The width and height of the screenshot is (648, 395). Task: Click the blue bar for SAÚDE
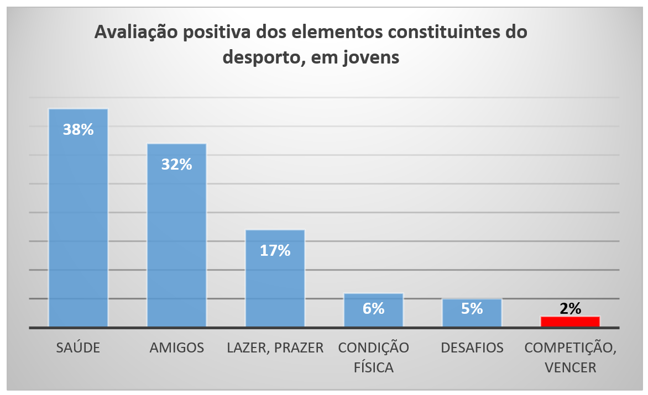tap(78, 232)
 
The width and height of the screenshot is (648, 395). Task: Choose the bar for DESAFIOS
tap(472, 320)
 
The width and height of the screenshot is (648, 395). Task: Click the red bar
tap(570, 322)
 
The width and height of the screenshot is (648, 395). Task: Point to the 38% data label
tap(78, 130)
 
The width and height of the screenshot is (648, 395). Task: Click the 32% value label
tap(176, 164)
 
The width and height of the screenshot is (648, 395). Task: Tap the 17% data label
tap(275, 250)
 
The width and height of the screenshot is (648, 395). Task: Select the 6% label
tap(373, 308)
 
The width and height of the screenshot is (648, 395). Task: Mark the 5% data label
tap(472, 308)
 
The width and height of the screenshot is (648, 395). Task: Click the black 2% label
tap(570, 308)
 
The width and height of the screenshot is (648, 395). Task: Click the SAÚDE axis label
tap(78, 348)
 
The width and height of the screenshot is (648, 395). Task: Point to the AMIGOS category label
tap(176, 348)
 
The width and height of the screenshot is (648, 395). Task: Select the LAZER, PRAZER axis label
tap(275, 348)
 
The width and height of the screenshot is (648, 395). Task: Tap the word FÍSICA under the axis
tap(373, 367)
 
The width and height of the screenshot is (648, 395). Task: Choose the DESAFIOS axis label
tap(472, 348)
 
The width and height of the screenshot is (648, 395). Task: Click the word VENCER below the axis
tap(570, 367)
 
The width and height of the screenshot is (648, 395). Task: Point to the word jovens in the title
tap(371, 57)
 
